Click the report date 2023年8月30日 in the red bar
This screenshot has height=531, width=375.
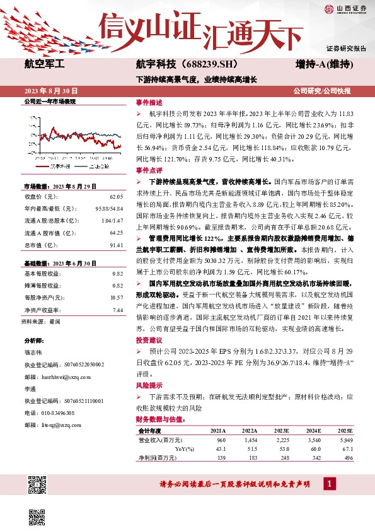click(x=49, y=90)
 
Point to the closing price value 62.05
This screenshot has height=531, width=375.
click(x=115, y=197)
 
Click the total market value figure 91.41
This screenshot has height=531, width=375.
click(x=115, y=245)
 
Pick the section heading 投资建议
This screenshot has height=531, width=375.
click(x=149, y=339)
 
